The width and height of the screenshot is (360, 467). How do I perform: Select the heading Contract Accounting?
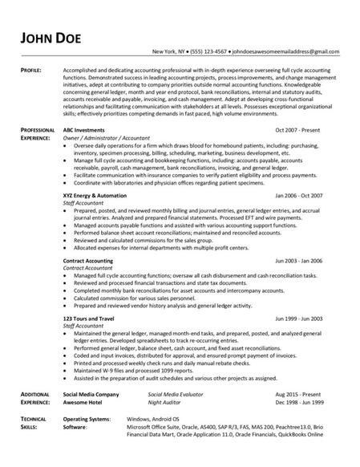point(90,262)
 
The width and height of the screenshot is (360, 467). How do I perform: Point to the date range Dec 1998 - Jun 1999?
point(297,404)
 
